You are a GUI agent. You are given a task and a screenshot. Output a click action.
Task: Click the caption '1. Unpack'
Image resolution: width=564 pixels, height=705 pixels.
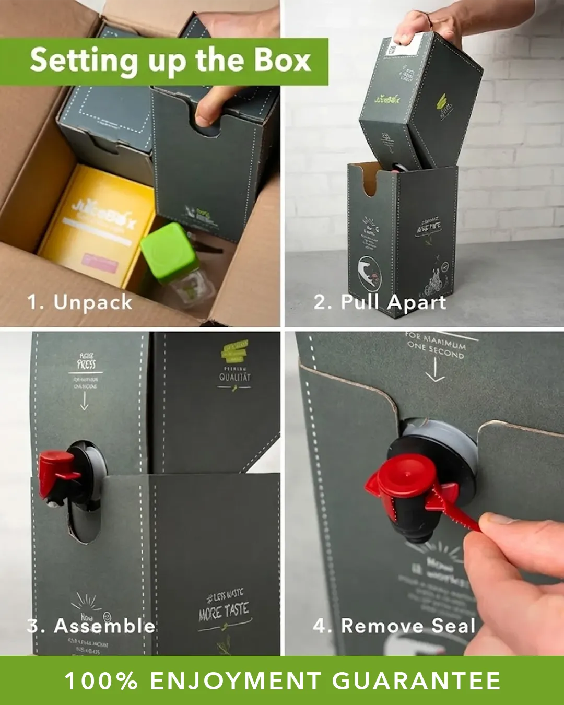pos(80,302)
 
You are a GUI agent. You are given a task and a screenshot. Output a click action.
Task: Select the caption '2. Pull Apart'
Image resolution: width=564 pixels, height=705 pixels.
pos(380,302)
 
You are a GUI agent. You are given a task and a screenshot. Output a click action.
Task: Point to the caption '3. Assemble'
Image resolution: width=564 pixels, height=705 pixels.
pos(91,626)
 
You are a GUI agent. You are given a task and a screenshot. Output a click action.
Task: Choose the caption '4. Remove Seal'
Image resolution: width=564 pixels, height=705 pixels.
pos(394,626)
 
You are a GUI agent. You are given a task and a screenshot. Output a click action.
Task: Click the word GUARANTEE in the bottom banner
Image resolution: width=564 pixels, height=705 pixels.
pos(416,681)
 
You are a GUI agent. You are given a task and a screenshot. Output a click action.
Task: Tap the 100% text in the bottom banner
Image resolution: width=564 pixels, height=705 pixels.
pos(101,681)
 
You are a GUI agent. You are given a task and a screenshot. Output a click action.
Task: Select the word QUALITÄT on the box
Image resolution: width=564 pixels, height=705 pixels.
pos(234,377)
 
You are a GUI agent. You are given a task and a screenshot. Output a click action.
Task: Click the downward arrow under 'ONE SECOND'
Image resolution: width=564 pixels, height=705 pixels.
pos(435,370)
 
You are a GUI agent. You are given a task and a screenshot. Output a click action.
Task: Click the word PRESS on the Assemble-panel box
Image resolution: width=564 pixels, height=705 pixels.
pos(86,364)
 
